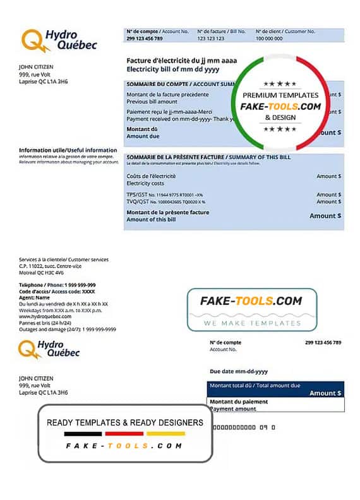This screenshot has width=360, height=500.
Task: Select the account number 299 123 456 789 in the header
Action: (145, 39)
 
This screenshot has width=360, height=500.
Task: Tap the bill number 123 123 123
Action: (212, 39)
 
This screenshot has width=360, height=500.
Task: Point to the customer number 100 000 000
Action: (268, 39)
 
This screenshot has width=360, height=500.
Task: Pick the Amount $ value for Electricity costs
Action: (328, 176)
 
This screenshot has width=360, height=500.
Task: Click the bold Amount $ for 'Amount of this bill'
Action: (325, 216)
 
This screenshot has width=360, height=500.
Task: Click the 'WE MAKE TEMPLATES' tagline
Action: (252, 323)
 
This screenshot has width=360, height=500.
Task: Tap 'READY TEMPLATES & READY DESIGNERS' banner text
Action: (125, 422)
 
